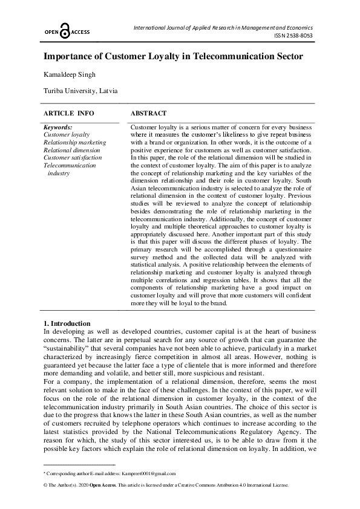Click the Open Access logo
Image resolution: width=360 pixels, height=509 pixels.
pos(66,32)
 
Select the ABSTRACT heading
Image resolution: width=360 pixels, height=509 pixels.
pos(148,113)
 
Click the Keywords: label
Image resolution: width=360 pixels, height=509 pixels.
pos(58,128)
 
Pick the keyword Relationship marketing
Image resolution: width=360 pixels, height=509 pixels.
pos(74,143)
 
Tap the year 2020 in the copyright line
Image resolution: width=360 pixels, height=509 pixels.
pos(83,485)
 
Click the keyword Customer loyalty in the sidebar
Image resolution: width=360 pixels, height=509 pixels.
pos(67,135)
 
